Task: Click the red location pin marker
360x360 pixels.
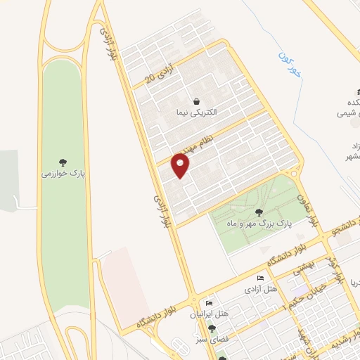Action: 181,166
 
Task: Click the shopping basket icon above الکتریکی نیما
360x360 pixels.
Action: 196,101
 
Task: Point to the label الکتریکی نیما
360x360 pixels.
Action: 197,112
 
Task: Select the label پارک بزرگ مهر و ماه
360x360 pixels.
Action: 258,224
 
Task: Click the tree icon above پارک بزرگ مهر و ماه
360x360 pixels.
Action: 259,212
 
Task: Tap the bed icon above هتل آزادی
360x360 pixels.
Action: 262,278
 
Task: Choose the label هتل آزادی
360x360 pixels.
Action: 262,290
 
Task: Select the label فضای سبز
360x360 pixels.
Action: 211,340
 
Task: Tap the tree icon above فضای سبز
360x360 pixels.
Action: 212,328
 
